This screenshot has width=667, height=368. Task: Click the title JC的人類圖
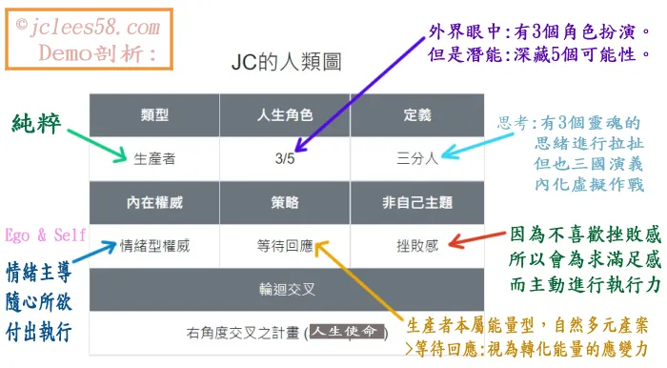pyautogui.click(x=286, y=64)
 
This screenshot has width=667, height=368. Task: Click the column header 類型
pyautogui.click(x=154, y=114)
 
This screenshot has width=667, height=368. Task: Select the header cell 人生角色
pyautogui.click(x=285, y=114)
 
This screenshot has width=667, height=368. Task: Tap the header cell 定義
pyautogui.click(x=416, y=114)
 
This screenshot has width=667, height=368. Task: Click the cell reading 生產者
pyautogui.click(x=154, y=158)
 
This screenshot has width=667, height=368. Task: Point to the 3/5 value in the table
pyautogui.click(x=284, y=158)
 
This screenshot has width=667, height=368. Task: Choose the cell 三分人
pyautogui.click(x=416, y=158)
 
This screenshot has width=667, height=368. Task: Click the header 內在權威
pyautogui.click(x=154, y=202)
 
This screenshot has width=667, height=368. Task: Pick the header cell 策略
pyautogui.click(x=285, y=202)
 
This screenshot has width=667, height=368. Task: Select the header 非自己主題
pyautogui.click(x=416, y=202)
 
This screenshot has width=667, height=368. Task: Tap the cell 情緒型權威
pyautogui.click(x=154, y=245)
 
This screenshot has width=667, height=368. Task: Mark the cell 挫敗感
pyautogui.click(x=416, y=245)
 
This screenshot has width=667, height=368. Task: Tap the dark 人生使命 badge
pyautogui.click(x=350, y=332)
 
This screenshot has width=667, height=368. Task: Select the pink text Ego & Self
pyautogui.click(x=44, y=235)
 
